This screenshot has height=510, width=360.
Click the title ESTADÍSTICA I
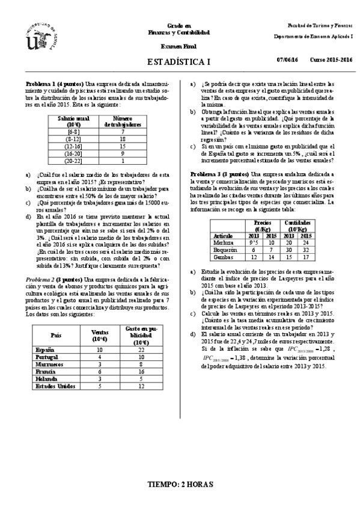pyautogui.click(x=179, y=62)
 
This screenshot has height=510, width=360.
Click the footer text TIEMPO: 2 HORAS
pyautogui.click(x=180, y=484)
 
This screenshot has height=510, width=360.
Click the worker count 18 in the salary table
pyautogui.click(x=122, y=138)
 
